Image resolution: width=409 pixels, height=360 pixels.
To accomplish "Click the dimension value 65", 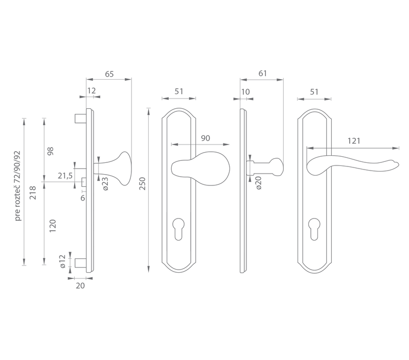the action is tap(109, 74).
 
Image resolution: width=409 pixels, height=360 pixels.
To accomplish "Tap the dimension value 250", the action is tap(143, 183).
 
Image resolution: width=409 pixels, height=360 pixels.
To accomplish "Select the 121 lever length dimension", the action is tap(354, 141).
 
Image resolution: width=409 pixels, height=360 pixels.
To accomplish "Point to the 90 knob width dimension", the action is tap(206, 138).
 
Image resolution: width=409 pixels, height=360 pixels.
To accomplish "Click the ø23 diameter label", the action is tap(105, 184).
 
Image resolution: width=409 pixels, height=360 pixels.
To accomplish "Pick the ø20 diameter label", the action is tap(258, 183).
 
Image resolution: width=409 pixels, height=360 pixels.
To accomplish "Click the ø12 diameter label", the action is tap(62, 261).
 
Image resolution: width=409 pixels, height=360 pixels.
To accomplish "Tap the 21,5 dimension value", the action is tap(65, 176).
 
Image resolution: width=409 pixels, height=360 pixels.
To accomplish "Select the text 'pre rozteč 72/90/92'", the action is tap(18, 186).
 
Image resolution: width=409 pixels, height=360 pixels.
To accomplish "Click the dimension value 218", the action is tap(33, 193).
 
